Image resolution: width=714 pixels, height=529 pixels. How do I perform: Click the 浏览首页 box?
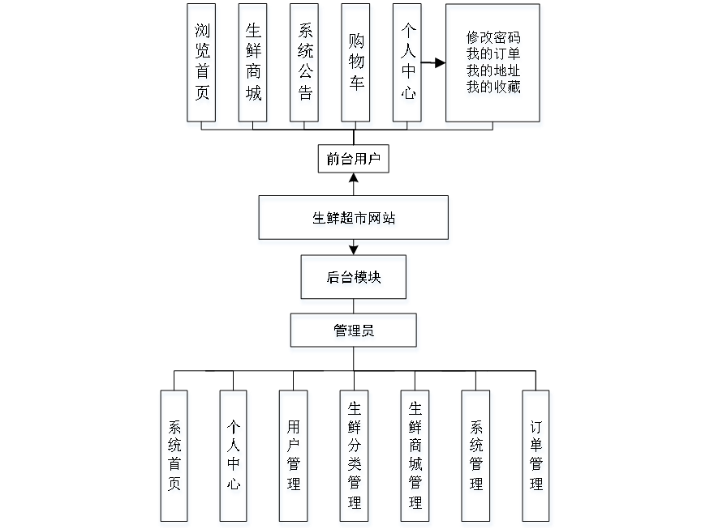click(202, 66)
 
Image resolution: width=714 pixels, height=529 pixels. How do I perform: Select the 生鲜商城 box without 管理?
click(254, 66)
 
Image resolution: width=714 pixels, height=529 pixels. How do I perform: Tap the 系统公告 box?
click(305, 66)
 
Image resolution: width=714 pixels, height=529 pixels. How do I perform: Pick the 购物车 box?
click(357, 66)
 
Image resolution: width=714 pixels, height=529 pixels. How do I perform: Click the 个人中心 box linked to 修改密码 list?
click(408, 66)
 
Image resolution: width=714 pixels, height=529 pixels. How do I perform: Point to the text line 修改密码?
click(493, 39)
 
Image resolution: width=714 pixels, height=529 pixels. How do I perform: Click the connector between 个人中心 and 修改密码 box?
click(435, 62)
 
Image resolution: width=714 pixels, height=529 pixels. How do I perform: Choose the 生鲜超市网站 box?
click(354, 220)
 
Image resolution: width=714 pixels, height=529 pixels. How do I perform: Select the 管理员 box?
click(355, 333)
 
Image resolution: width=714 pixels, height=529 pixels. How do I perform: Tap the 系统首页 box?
click(175, 458)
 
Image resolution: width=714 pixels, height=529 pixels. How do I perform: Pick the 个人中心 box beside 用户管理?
click(235, 458)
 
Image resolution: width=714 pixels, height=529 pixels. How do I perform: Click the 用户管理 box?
click(295, 458)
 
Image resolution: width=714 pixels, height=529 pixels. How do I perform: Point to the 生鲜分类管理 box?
click(355, 458)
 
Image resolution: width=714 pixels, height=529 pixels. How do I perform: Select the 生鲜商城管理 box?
click(415, 458)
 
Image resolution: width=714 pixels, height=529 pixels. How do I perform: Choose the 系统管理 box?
click(476, 458)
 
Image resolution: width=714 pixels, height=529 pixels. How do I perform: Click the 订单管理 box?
click(536, 458)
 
